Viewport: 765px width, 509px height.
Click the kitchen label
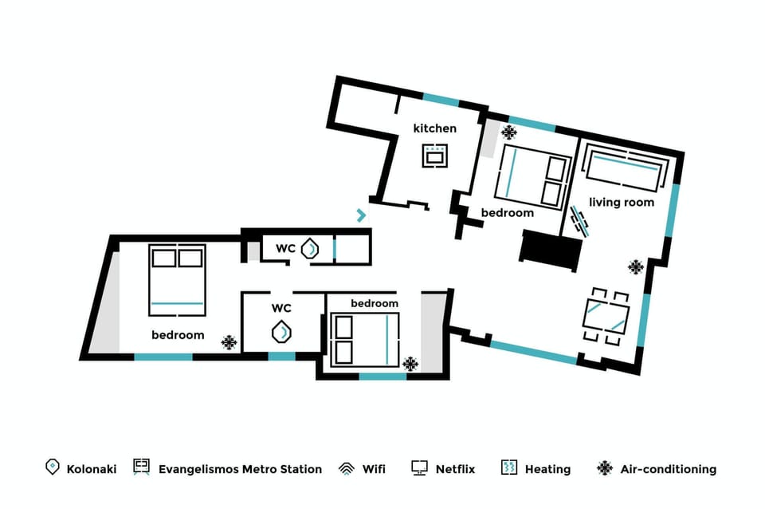click(x=434, y=128)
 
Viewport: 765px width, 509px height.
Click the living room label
click(x=622, y=203)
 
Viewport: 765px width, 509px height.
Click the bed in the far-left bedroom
click(x=177, y=279)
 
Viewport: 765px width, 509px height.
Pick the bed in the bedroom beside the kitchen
click(x=532, y=176)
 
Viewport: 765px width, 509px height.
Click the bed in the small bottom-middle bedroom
click(x=365, y=338)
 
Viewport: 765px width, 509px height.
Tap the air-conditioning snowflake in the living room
click(x=635, y=267)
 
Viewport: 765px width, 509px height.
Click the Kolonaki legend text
click(x=92, y=469)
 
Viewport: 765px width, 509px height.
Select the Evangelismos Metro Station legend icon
click(x=142, y=468)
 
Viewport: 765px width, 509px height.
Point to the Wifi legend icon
click(x=347, y=468)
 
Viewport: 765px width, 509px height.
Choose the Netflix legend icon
click(x=420, y=468)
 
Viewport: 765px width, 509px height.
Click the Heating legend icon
click(x=509, y=468)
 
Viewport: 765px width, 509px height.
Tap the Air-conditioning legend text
click(x=668, y=469)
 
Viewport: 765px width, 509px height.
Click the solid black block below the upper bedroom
click(x=551, y=250)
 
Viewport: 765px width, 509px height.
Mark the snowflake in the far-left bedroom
click(x=229, y=343)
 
